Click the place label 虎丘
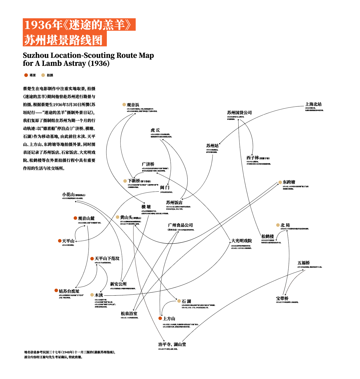(155, 130)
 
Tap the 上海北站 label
(313, 104)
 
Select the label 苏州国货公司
(239, 113)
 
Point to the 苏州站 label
(212, 146)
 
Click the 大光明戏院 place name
(242, 241)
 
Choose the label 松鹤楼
(267, 237)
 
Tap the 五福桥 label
(303, 263)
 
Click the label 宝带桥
(282, 298)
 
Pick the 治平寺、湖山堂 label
(172, 344)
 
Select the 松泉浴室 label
(129, 314)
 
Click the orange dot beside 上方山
(160, 318)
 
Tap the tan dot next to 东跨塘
(280, 182)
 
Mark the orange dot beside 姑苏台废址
(56, 290)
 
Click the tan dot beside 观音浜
(124, 105)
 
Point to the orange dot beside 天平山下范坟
(92, 259)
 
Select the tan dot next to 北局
(278, 225)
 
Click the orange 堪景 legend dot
(26, 75)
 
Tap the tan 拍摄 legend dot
(43, 75)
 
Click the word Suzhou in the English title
(36, 55)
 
